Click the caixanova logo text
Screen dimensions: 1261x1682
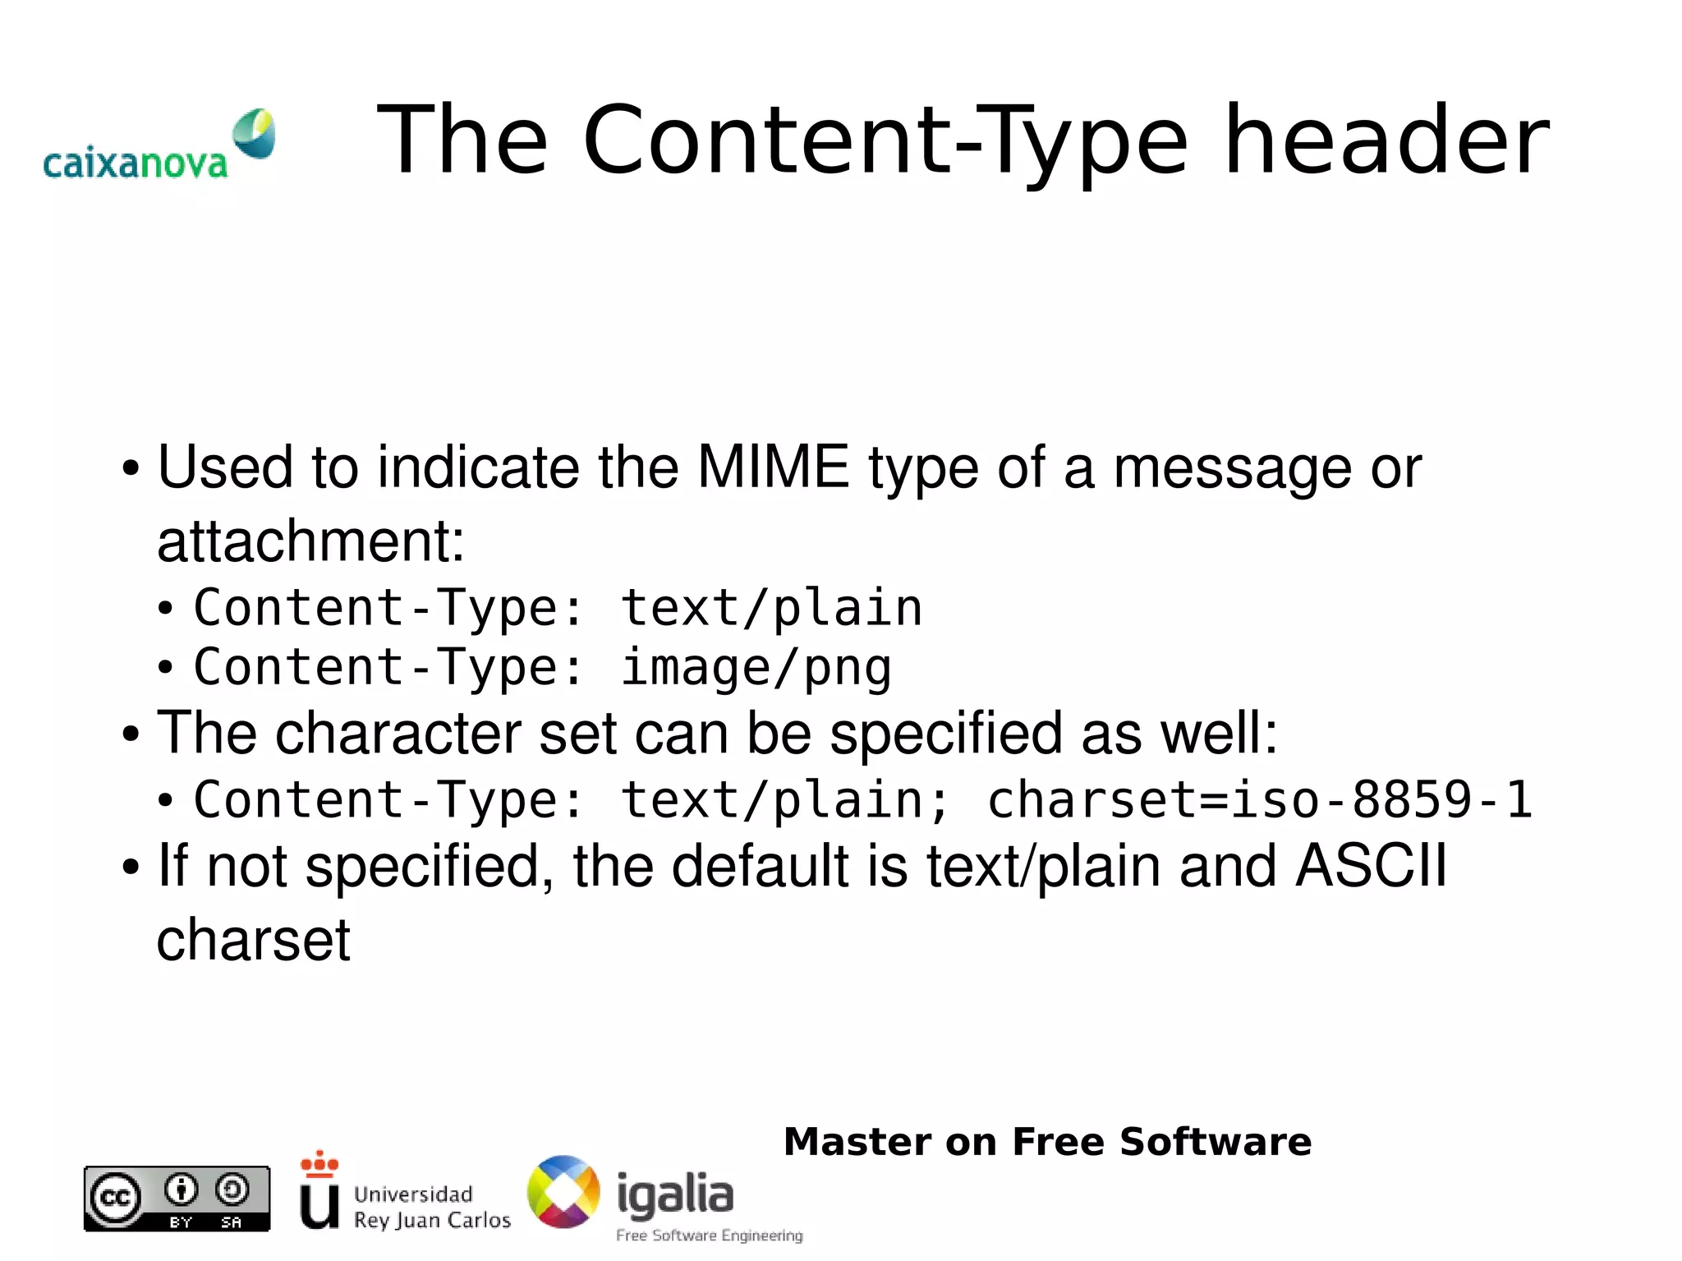tap(135, 163)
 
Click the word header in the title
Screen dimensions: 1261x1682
tap(1386, 140)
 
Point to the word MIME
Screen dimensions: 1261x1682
tap(772, 467)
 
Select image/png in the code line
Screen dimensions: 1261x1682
tap(756, 666)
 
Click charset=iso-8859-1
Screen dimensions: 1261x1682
tap(1259, 798)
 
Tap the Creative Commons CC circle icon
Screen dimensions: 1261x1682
tap(114, 1198)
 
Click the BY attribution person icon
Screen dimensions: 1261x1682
tap(181, 1189)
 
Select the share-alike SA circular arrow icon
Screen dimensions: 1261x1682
tap(232, 1189)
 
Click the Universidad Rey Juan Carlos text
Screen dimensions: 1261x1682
tap(432, 1207)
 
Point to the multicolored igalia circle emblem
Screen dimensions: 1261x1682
tap(563, 1192)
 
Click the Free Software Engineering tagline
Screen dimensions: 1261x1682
tap(710, 1236)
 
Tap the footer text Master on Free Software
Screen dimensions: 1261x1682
tap(1047, 1141)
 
